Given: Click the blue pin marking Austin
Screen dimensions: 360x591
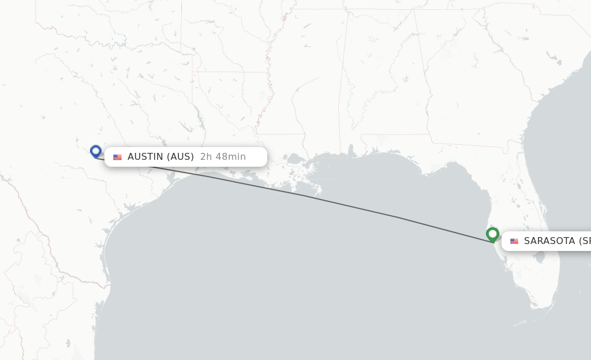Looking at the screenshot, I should [x=96, y=152].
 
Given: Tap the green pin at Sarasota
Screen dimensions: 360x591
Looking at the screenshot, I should [x=492, y=235].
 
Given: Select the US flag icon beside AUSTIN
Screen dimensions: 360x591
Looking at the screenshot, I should [x=117, y=157].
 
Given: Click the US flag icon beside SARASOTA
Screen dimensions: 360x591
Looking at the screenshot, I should [x=514, y=241].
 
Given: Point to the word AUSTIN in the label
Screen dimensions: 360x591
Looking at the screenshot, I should [x=145, y=157].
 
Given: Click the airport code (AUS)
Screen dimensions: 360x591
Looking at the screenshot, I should [x=180, y=157].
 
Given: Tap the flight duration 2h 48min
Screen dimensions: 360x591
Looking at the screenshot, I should [x=223, y=157].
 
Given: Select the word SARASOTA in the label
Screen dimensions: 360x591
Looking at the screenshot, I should [x=549, y=241].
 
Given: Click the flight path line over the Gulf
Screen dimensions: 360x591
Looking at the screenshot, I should [x=346, y=205].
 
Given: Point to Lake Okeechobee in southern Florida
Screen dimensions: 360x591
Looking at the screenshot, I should [x=540, y=258].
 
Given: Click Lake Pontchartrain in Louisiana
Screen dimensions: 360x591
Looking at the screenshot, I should [x=295, y=158].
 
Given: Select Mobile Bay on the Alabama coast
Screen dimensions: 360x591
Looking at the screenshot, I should [x=350, y=152].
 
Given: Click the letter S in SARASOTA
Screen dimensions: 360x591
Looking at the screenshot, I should [x=527, y=241].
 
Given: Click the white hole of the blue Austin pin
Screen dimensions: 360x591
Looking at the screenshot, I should [x=96, y=151].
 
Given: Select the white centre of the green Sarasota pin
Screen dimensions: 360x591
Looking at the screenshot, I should [x=492, y=233].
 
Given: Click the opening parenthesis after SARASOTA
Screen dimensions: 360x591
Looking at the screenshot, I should [x=581, y=241].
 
